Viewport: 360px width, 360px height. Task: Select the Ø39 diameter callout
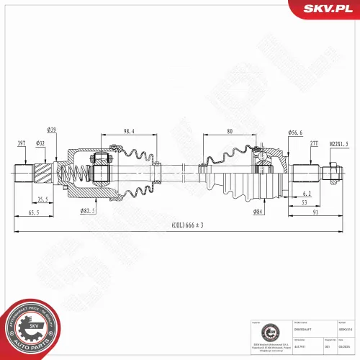pyautogui.click(x=52, y=130)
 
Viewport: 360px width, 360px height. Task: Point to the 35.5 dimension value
pyautogui.click(x=42, y=199)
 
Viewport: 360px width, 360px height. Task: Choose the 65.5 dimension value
pyautogui.click(x=34, y=214)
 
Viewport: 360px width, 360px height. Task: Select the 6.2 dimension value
pyautogui.click(x=306, y=194)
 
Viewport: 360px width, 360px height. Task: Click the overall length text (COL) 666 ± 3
pyautogui.click(x=188, y=225)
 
